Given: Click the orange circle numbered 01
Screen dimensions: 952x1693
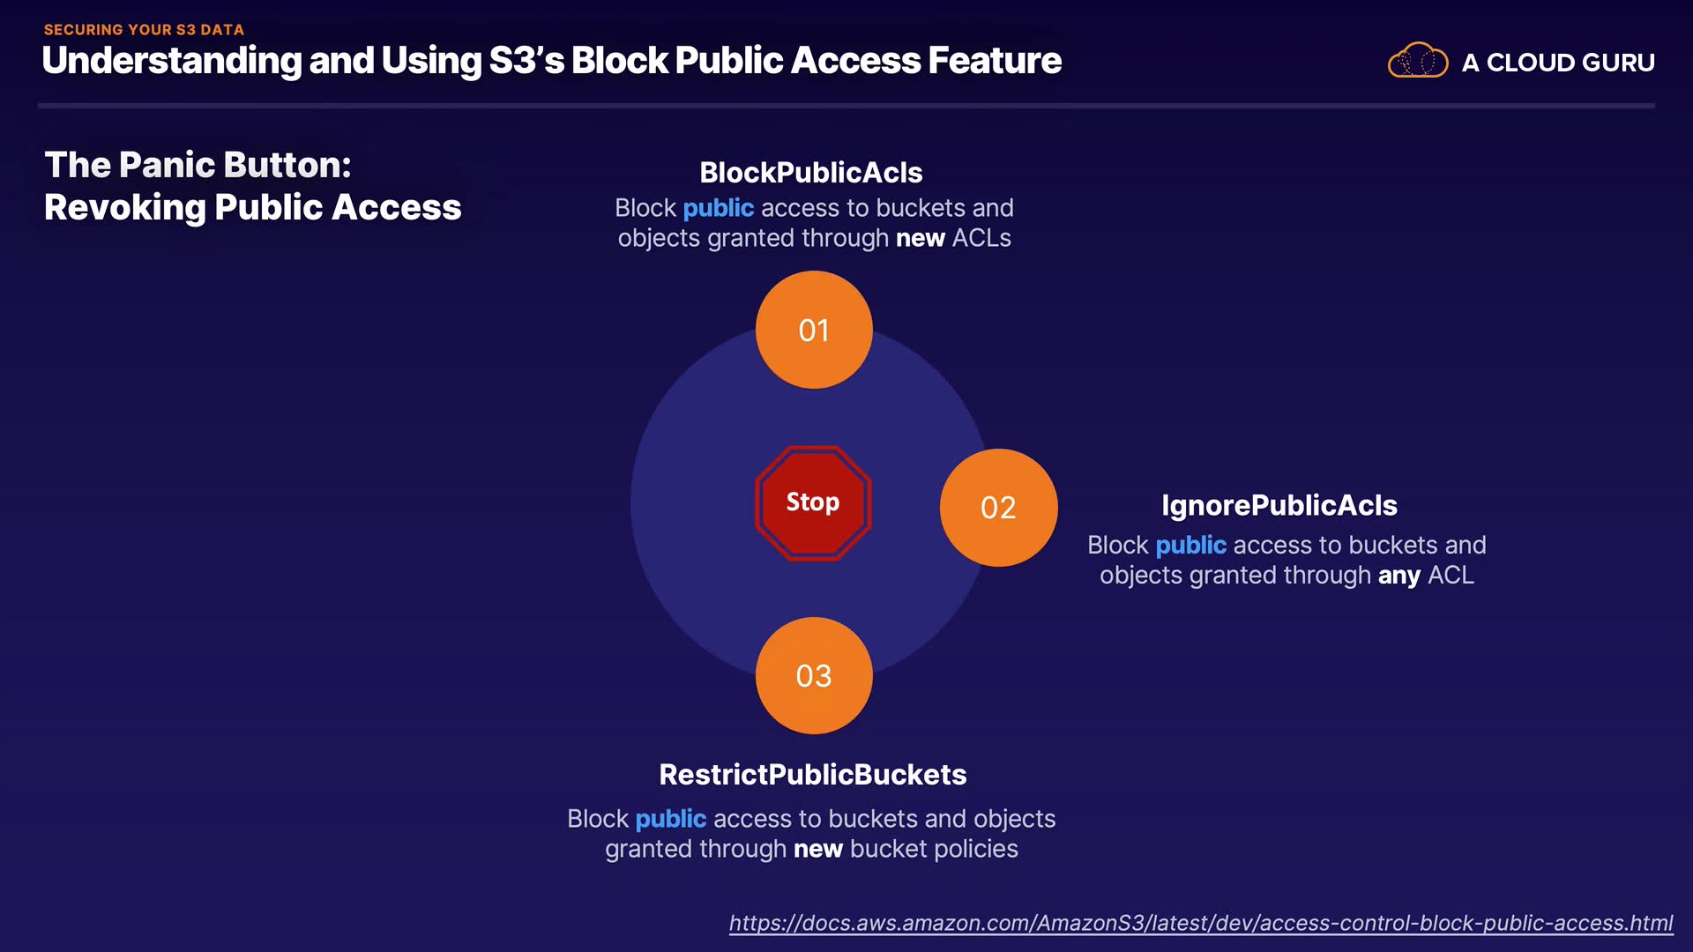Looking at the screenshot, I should tap(814, 330).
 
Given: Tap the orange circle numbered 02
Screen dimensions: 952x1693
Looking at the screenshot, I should tap(998, 508).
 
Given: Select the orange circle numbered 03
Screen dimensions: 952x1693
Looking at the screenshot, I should tap(814, 676).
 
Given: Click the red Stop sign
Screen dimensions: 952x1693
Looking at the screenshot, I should tap(813, 502).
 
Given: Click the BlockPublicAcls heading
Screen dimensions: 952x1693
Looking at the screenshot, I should tap(811, 173).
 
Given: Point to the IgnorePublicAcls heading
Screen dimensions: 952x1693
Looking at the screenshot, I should tap(1279, 506).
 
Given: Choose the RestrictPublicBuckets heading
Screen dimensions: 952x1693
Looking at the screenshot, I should tap(813, 775).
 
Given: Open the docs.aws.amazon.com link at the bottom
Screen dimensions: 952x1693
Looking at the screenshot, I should tap(1200, 923).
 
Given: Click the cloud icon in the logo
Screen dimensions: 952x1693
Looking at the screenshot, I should tap(1417, 61).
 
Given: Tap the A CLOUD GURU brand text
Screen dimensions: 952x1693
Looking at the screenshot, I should tap(1558, 63).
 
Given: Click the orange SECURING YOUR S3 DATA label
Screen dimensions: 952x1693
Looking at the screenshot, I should tap(144, 30).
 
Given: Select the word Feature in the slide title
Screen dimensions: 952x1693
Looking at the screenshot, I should tap(995, 61).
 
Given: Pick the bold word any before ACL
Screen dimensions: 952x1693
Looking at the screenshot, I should tap(1399, 576).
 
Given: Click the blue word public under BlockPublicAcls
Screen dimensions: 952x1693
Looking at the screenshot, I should tap(718, 209).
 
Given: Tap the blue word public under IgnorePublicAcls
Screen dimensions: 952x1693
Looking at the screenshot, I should tap(1190, 546).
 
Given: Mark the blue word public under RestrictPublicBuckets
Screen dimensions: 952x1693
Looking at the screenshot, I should tap(670, 820).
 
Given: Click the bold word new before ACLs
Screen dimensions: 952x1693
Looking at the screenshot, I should tap(921, 239).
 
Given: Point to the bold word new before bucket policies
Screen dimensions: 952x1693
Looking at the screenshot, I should tap(818, 850).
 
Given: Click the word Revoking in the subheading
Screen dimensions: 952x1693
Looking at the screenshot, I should tap(124, 208).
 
